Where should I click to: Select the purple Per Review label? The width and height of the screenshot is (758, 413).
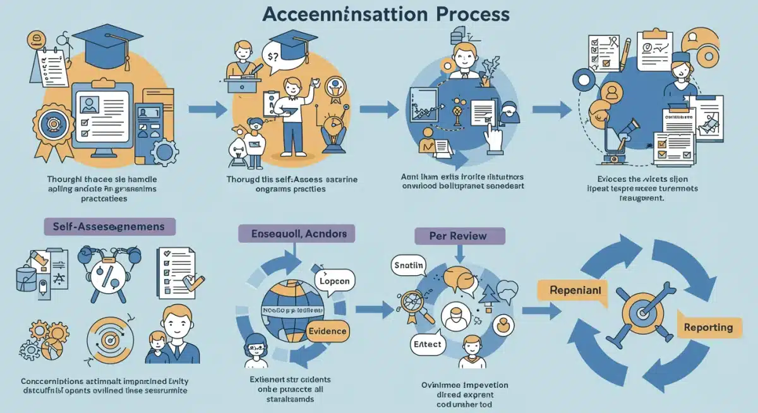coord(459,236)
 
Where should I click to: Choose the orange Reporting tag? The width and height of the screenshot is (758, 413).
coord(708,326)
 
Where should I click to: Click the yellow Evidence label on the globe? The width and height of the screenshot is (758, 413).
coord(327,330)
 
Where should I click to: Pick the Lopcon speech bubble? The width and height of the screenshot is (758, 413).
coord(335,280)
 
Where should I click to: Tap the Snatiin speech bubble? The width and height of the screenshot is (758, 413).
coord(410,265)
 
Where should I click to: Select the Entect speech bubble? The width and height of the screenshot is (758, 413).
coord(427,345)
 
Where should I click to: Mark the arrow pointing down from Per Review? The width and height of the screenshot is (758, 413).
coord(459,255)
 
